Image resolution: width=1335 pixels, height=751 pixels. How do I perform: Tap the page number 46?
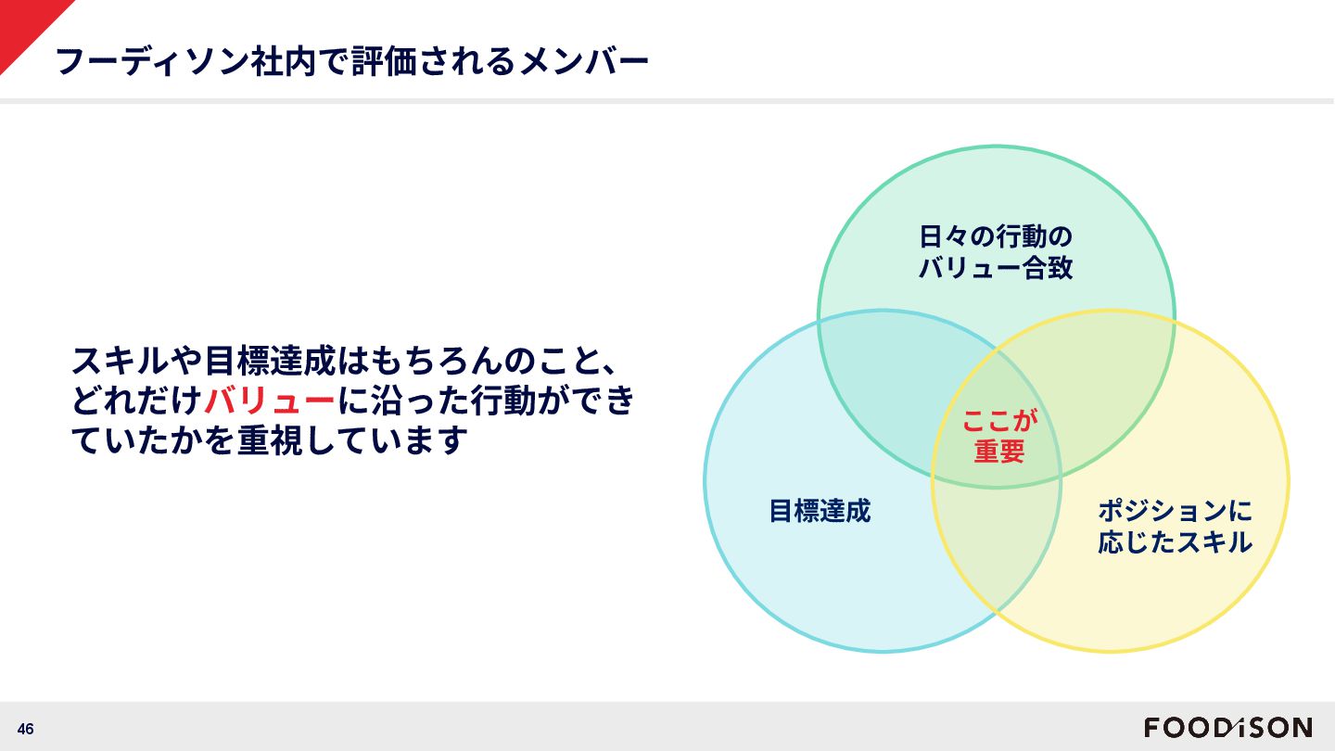coord(25,729)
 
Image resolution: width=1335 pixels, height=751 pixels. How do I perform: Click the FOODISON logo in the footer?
coord(1227,728)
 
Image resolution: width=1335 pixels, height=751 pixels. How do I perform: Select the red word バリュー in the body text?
coord(269,401)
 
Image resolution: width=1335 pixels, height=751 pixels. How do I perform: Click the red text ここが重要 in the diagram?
coord(998,435)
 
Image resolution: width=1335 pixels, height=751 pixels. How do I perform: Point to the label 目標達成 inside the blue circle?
coord(820,511)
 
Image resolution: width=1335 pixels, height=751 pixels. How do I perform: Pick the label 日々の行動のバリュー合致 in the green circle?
coord(996,252)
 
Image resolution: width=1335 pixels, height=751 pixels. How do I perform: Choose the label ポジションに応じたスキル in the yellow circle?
coord(1175,526)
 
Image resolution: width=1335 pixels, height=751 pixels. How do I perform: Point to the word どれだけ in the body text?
coord(136,401)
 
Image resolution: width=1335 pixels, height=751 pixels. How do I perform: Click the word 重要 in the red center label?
coord(998,451)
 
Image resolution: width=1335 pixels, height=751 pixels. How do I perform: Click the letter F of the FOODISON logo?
coord(1152,728)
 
